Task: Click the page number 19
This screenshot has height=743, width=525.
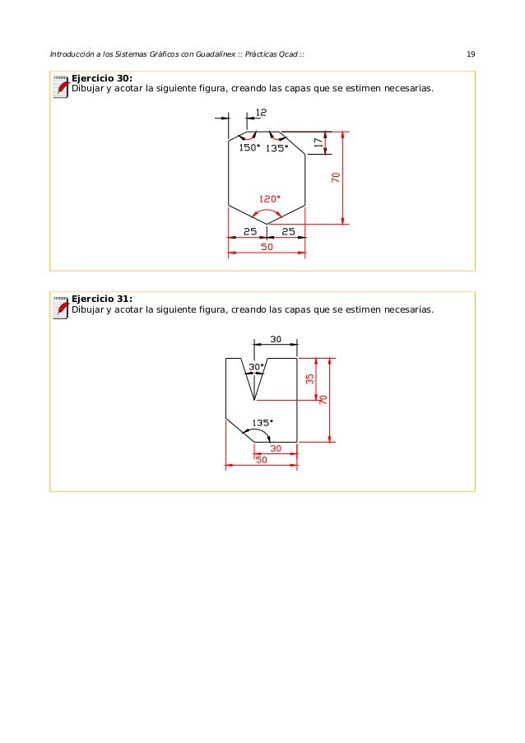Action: [470, 54]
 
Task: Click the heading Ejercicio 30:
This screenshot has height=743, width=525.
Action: [103, 78]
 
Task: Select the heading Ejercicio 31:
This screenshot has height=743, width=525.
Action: [103, 299]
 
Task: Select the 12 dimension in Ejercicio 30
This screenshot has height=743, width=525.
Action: [261, 112]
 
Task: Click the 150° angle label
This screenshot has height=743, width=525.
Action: [249, 148]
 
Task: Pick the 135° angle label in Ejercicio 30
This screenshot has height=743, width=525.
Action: [276, 149]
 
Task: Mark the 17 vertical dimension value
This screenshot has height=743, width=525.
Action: [318, 142]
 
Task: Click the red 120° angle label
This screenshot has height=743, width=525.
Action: [270, 198]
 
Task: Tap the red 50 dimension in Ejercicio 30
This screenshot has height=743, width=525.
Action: [267, 246]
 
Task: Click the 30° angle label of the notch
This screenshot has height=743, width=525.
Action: [256, 367]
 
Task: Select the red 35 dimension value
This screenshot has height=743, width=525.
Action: [309, 379]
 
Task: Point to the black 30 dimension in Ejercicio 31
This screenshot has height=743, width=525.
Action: [276, 338]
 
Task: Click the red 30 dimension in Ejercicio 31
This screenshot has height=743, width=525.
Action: [276, 448]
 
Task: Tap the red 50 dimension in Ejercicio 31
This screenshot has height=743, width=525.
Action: [261, 460]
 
